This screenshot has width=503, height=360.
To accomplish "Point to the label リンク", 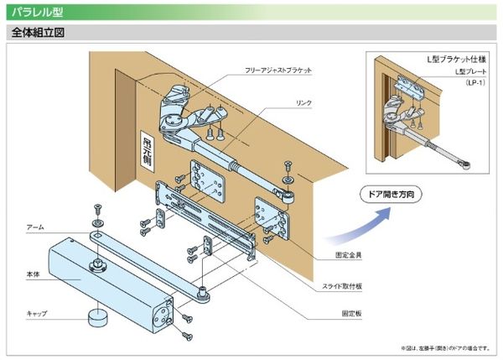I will click(x=303, y=102).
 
